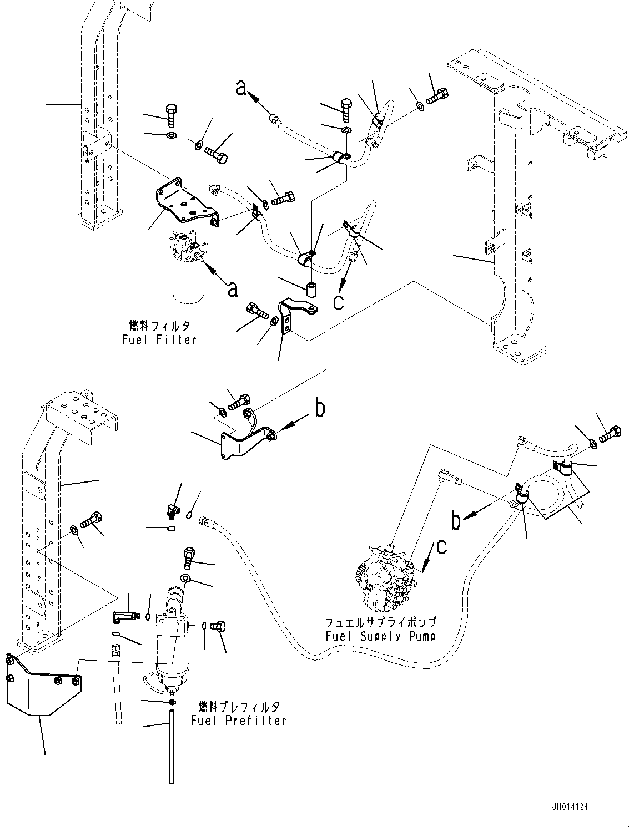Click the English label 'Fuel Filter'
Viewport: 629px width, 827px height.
point(159,339)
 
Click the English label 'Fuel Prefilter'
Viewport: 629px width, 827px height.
point(238,721)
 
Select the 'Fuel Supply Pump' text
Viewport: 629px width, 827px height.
point(380,636)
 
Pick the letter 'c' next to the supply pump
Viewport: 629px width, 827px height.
point(441,547)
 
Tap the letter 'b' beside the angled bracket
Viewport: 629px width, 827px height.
point(319,409)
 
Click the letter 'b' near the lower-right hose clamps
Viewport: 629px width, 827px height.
point(456,521)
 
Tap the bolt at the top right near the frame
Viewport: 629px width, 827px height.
point(438,98)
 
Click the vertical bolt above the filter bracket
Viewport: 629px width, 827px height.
point(172,115)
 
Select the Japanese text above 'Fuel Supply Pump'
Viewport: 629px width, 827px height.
point(380,622)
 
